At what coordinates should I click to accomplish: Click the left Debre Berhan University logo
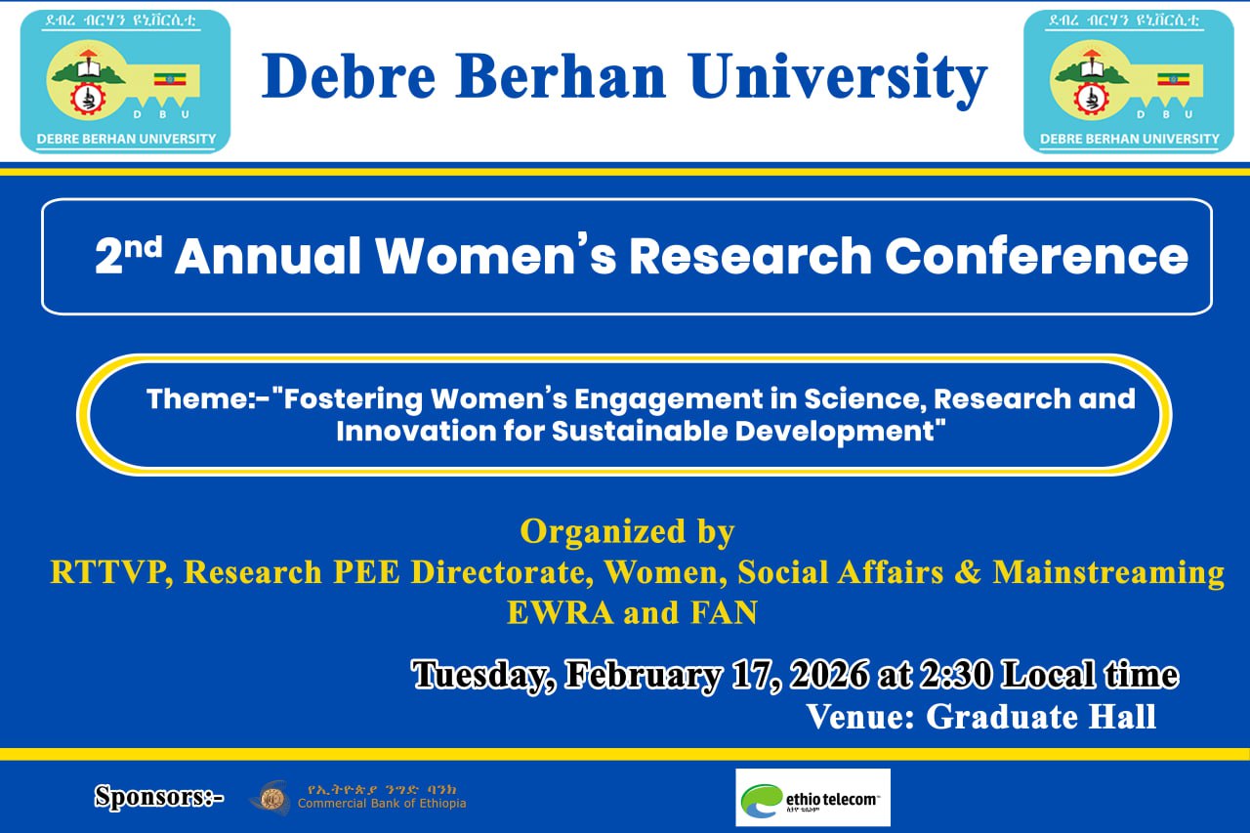pyautogui.click(x=126, y=81)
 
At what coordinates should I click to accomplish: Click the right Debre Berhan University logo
pyautogui.click(x=1128, y=81)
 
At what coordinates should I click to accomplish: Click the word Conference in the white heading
pyautogui.click(x=1036, y=256)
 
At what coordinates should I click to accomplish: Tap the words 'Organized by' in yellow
pyautogui.click(x=627, y=532)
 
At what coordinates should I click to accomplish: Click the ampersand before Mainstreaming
pyautogui.click(x=968, y=572)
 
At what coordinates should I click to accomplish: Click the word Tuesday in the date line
pyautogui.click(x=480, y=675)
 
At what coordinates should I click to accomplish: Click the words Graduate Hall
pyautogui.click(x=1041, y=717)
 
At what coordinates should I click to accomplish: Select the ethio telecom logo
pyautogui.click(x=812, y=797)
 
